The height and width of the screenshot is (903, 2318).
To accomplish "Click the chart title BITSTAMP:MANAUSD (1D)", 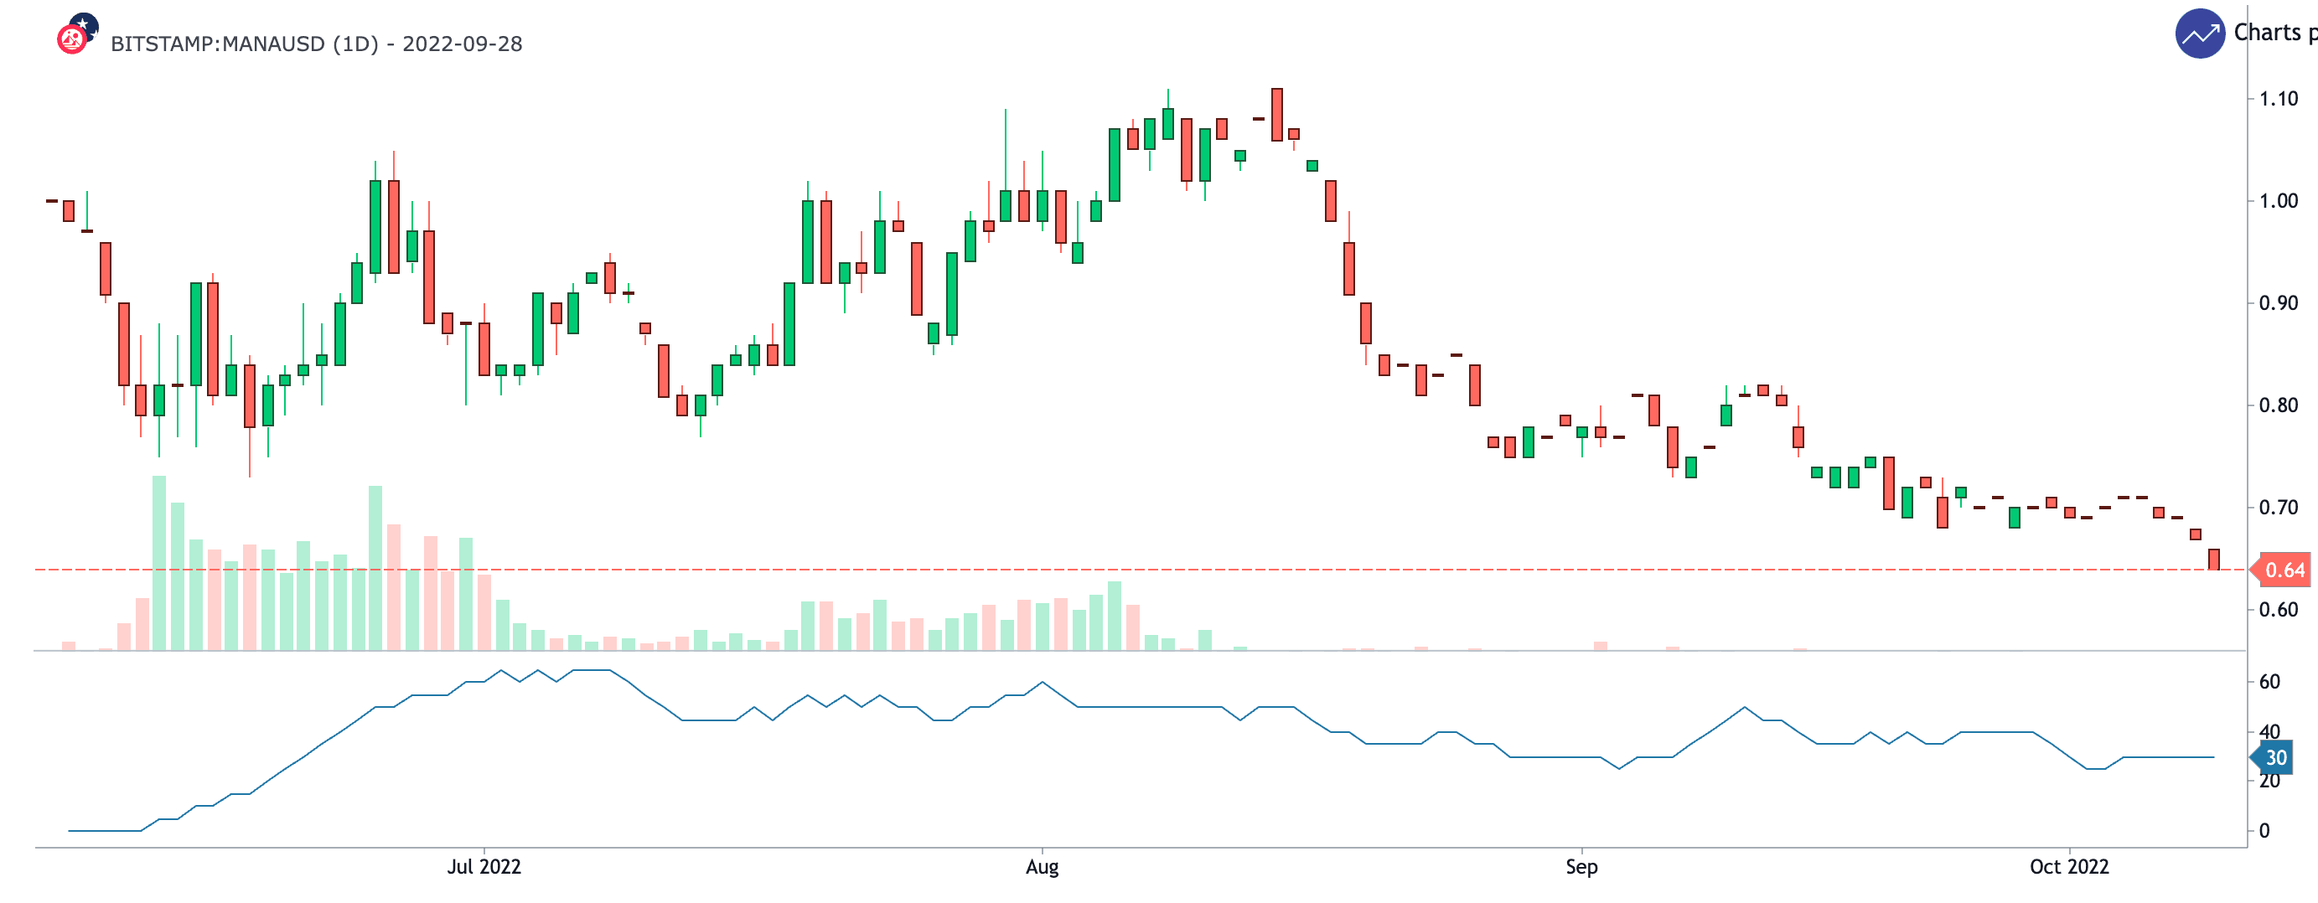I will (x=244, y=44).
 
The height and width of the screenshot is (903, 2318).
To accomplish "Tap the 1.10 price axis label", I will (x=2278, y=99).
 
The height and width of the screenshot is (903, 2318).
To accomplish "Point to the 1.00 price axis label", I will (x=2278, y=200).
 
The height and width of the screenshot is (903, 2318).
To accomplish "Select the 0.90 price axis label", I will (x=2278, y=303).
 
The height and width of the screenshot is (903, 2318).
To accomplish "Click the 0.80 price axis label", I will (x=2278, y=405).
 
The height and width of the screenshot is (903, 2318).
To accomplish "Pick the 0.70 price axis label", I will (x=2278, y=508).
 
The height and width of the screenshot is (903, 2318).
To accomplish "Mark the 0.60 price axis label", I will (x=2278, y=610).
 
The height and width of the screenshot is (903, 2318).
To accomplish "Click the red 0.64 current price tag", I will (x=2284, y=570).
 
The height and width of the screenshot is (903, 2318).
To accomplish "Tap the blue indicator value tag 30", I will (x=2274, y=758).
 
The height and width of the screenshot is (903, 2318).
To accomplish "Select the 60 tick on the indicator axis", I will (x=2269, y=682).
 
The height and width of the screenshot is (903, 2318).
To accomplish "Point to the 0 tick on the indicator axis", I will (x=2264, y=831).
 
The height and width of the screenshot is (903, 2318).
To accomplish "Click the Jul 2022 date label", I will (x=484, y=867).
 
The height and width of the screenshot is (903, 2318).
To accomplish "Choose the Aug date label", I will (x=1042, y=867).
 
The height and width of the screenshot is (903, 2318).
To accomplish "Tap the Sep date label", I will (x=1581, y=867).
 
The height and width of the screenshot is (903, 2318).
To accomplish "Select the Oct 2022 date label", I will (x=2069, y=867).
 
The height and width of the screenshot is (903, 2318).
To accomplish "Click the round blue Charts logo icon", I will (x=2199, y=34).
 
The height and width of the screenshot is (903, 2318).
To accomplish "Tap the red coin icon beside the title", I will (x=72, y=39).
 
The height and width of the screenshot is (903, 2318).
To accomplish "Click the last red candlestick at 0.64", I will (x=2213, y=560).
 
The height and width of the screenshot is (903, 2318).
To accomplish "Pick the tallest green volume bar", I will (x=159, y=562).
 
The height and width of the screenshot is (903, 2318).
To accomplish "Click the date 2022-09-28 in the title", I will (x=463, y=44).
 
